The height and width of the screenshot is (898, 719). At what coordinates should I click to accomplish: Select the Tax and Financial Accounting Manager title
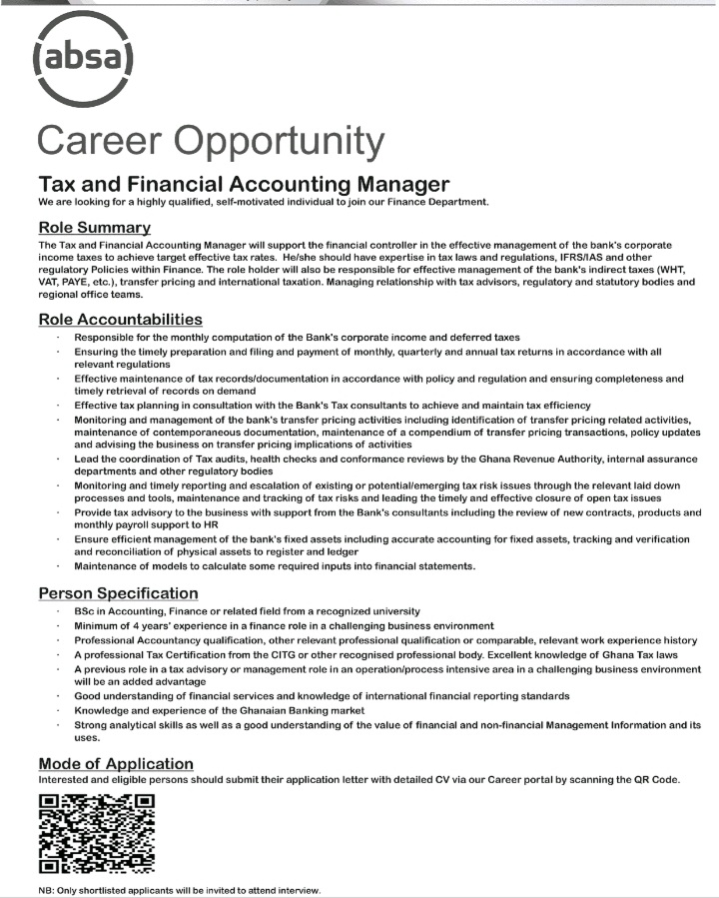pyautogui.click(x=243, y=184)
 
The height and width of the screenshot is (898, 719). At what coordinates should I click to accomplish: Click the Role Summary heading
pyautogui.click(x=94, y=228)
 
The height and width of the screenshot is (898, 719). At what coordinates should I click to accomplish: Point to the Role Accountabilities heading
pyautogui.click(x=120, y=320)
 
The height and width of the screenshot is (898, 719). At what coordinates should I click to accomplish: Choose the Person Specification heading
pyautogui.click(x=118, y=593)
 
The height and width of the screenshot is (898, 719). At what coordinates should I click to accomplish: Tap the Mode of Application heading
pyautogui.click(x=115, y=764)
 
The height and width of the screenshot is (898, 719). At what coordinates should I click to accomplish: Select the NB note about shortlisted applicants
pyautogui.click(x=180, y=890)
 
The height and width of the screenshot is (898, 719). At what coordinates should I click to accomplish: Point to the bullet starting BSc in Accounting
pyautogui.click(x=247, y=610)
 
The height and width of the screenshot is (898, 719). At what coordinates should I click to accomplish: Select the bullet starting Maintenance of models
pyautogui.click(x=275, y=565)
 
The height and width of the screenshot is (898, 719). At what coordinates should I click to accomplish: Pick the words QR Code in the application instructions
pyautogui.click(x=652, y=779)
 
